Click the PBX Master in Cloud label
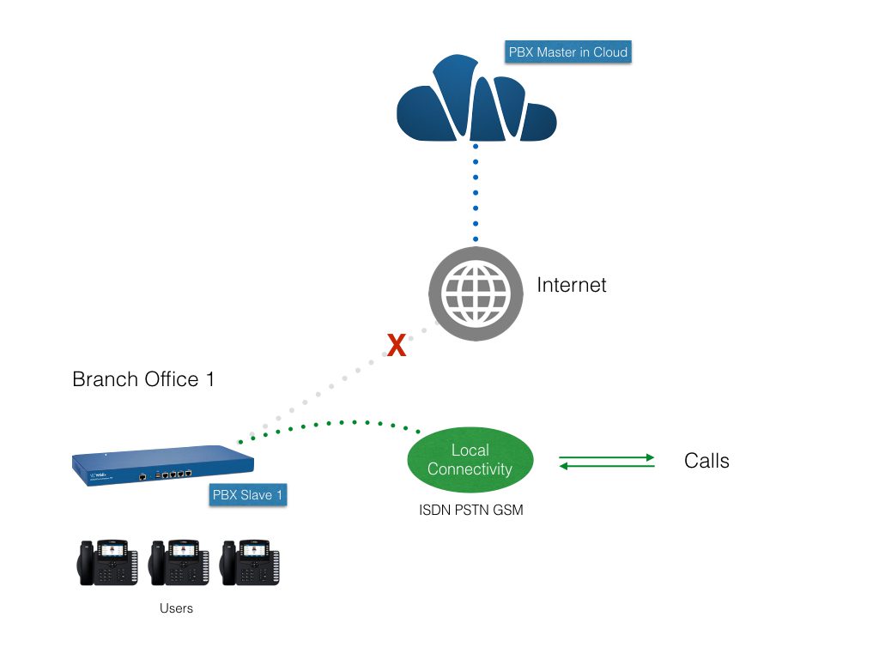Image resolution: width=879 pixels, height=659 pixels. (x=568, y=51)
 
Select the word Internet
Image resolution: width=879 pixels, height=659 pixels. (x=572, y=285)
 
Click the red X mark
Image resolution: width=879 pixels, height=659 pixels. (x=396, y=346)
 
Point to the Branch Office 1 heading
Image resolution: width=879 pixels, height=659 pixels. (x=143, y=379)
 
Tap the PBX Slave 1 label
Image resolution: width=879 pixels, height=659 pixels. (x=248, y=495)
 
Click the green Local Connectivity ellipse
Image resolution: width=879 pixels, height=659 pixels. (x=470, y=460)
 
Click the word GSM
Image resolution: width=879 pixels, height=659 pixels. (x=508, y=511)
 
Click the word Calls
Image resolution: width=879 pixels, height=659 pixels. (x=706, y=461)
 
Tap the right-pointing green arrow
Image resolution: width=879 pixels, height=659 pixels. (x=607, y=457)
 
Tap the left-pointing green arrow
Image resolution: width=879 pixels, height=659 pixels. (x=607, y=467)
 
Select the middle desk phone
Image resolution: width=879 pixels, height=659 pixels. (x=178, y=563)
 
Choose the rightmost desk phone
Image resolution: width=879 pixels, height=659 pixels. (x=250, y=563)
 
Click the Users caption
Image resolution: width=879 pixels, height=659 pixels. (x=176, y=608)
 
